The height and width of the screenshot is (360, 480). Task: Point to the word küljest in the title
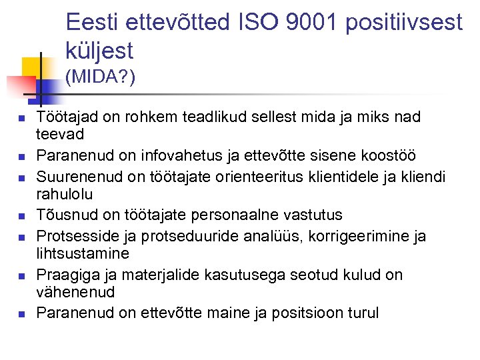click(100, 50)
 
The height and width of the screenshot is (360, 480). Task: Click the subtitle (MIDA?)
click(101, 78)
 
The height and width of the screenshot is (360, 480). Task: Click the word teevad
click(60, 134)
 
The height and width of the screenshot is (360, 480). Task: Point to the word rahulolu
click(65, 194)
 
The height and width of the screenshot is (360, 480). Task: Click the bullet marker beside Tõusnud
click(21, 216)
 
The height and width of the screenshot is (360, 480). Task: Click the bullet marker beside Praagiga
click(21, 275)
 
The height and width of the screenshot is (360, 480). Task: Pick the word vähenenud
click(75, 292)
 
